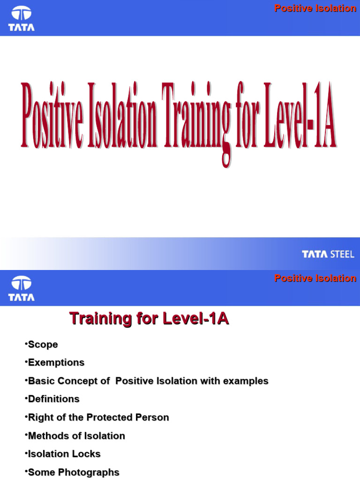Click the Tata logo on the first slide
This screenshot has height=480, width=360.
point(21,19)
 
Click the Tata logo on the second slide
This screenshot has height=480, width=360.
point(21,289)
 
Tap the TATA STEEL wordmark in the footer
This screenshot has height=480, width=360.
point(328,255)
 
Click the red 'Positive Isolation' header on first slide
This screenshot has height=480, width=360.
point(315,8)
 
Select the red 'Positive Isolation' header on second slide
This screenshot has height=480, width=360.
point(315,278)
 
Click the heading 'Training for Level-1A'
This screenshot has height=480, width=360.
point(149,319)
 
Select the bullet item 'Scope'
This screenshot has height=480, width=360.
point(43,345)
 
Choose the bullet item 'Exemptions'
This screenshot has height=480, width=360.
point(56,362)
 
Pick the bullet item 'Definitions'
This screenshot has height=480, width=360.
point(53,399)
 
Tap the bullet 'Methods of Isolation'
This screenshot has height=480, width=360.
point(76,435)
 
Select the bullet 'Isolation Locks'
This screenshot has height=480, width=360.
point(64,454)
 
